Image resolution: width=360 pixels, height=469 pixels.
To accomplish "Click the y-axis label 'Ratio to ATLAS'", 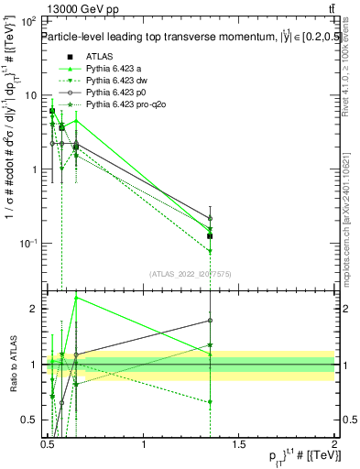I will [12, 365].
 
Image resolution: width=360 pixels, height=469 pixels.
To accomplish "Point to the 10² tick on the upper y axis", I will [27, 21].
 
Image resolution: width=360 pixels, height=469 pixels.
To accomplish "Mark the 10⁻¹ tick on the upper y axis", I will [27, 243].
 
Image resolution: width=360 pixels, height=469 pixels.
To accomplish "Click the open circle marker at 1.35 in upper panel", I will [211, 219].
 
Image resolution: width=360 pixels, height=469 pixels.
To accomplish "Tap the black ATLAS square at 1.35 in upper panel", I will [211, 235].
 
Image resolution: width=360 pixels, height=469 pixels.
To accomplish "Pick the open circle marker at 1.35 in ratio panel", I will [211, 321].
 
